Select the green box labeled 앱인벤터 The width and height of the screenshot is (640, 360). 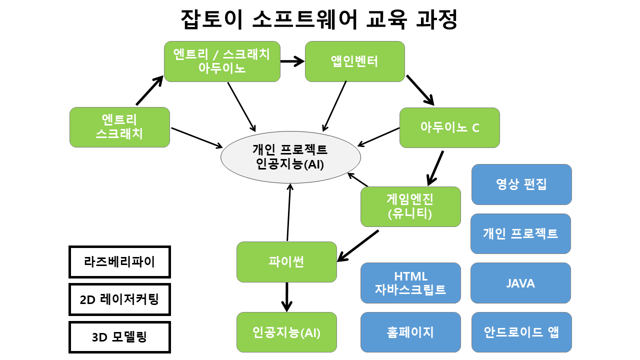tap(354, 61)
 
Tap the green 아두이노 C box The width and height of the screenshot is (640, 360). tap(449, 127)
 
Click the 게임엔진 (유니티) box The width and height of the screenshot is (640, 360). tap(410, 206)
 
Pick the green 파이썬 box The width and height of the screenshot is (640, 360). tap(286, 261)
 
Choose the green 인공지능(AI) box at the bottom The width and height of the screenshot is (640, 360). tap(286, 332)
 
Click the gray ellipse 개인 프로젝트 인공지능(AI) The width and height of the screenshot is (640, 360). tap(290, 156)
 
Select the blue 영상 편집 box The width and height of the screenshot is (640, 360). tap(521, 184)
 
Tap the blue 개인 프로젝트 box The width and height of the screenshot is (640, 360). tap(520, 233)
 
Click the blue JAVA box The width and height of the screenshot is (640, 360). tap(520, 283)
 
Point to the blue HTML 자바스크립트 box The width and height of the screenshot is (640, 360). tap(410, 283)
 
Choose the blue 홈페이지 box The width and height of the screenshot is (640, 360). tap(410, 332)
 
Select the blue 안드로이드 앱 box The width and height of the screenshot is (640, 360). tap(521, 332)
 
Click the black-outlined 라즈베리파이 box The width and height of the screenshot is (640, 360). tap(119, 261)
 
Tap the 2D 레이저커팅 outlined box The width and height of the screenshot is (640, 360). tap(119, 299)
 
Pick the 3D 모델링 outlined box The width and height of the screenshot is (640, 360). tap(119, 337)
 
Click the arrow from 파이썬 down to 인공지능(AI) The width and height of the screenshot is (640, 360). tap(286, 297)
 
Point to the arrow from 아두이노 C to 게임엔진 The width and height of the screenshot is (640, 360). tap(435, 167)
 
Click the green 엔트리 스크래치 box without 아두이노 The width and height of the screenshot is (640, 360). tap(119, 127)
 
